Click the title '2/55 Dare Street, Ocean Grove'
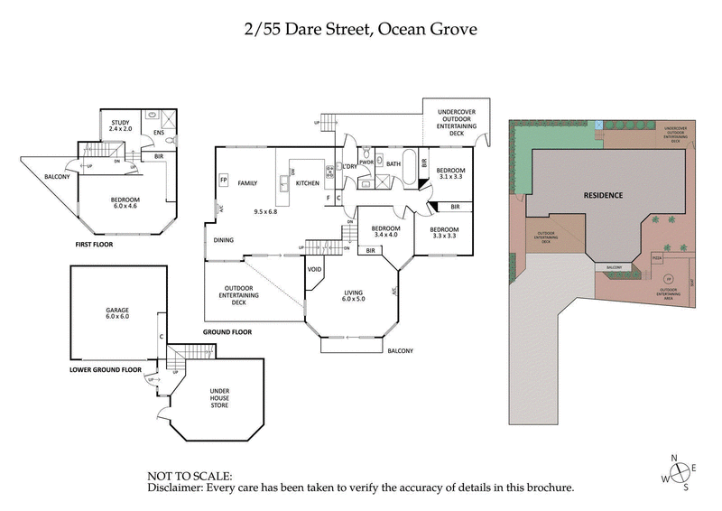click(360, 29)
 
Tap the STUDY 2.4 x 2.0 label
click(122, 125)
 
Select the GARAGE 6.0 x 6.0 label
click(117, 314)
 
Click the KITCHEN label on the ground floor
click(309, 183)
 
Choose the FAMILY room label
click(247, 183)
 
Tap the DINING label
click(225, 239)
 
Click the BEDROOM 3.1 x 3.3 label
click(450, 174)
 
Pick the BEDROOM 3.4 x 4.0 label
click(385, 231)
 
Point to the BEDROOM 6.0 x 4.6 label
click(125, 201)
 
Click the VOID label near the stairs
click(315, 269)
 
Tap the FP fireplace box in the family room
click(223, 180)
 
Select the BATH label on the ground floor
click(393, 164)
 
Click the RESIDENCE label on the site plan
click(602, 195)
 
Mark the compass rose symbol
click(680, 471)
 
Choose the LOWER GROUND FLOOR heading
click(106, 369)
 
